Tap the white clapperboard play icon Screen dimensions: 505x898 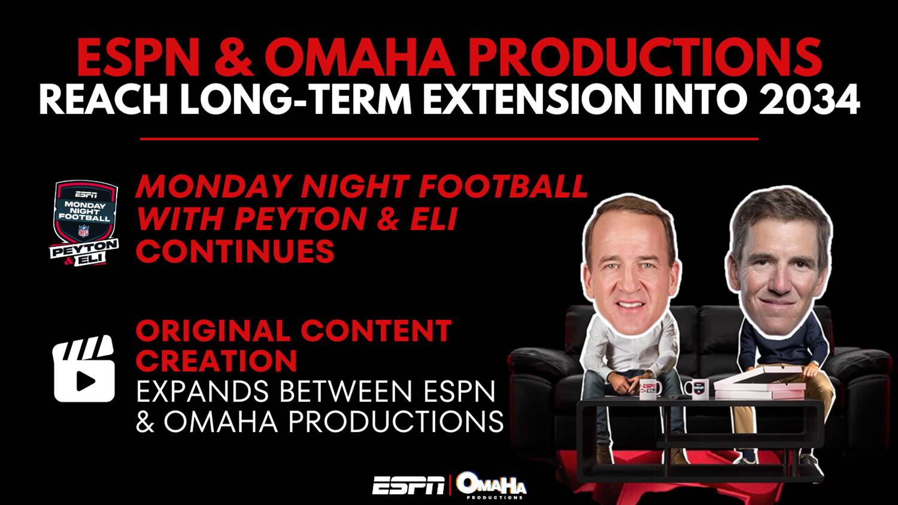pos(84,368)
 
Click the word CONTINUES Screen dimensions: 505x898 pos(235,250)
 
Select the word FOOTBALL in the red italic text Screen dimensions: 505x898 pos(503,186)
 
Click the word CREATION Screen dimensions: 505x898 pos(217,361)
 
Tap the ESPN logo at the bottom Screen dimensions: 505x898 pos(408,485)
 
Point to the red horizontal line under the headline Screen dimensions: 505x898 pos(449,138)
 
